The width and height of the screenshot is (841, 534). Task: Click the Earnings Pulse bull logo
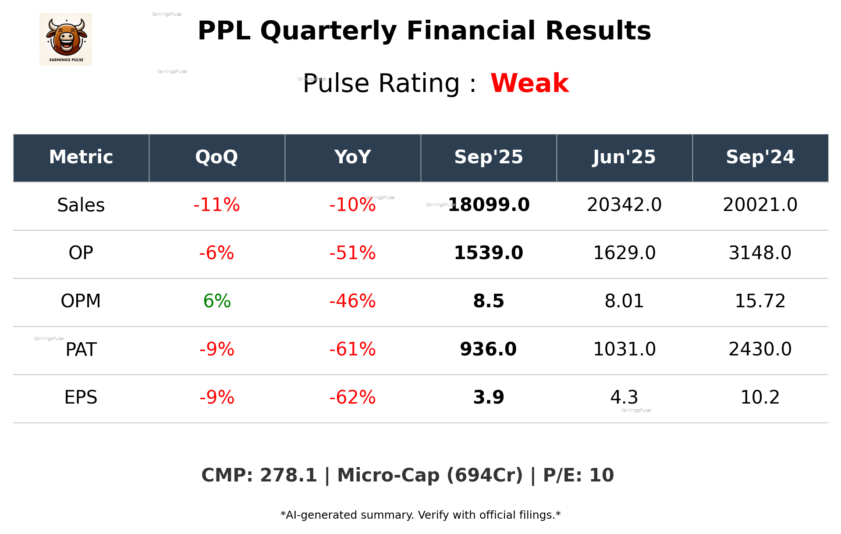click(x=66, y=39)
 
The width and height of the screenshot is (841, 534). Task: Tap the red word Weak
click(x=529, y=83)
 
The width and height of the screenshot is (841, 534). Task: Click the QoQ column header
click(x=216, y=157)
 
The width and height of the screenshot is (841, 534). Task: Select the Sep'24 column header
click(x=760, y=157)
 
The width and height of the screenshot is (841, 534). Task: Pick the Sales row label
click(x=81, y=205)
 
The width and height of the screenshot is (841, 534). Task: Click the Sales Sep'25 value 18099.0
click(x=489, y=205)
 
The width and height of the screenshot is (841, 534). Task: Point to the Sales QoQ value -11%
click(x=216, y=205)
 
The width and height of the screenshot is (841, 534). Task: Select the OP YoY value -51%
click(x=352, y=253)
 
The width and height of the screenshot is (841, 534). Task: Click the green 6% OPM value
click(x=217, y=301)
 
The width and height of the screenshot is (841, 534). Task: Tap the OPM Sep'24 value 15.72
click(x=760, y=301)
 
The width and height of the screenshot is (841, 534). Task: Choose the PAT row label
click(x=81, y=350)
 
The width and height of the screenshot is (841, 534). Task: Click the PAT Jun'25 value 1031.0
click(x=624, y=349)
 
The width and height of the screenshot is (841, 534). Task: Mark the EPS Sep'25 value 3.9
click(x=489, y=397)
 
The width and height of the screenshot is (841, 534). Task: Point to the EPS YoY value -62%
click(x=352, y=397)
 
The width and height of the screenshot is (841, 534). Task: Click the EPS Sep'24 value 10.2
click(x=760, y=397)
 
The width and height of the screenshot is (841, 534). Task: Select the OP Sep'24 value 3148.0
click(x=760, y=253)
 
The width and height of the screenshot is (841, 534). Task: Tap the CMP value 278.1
click(x=288, y=475)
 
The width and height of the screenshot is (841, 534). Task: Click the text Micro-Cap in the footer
click(x=388, y=475)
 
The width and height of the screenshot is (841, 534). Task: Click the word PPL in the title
click(x=224, y=31)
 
